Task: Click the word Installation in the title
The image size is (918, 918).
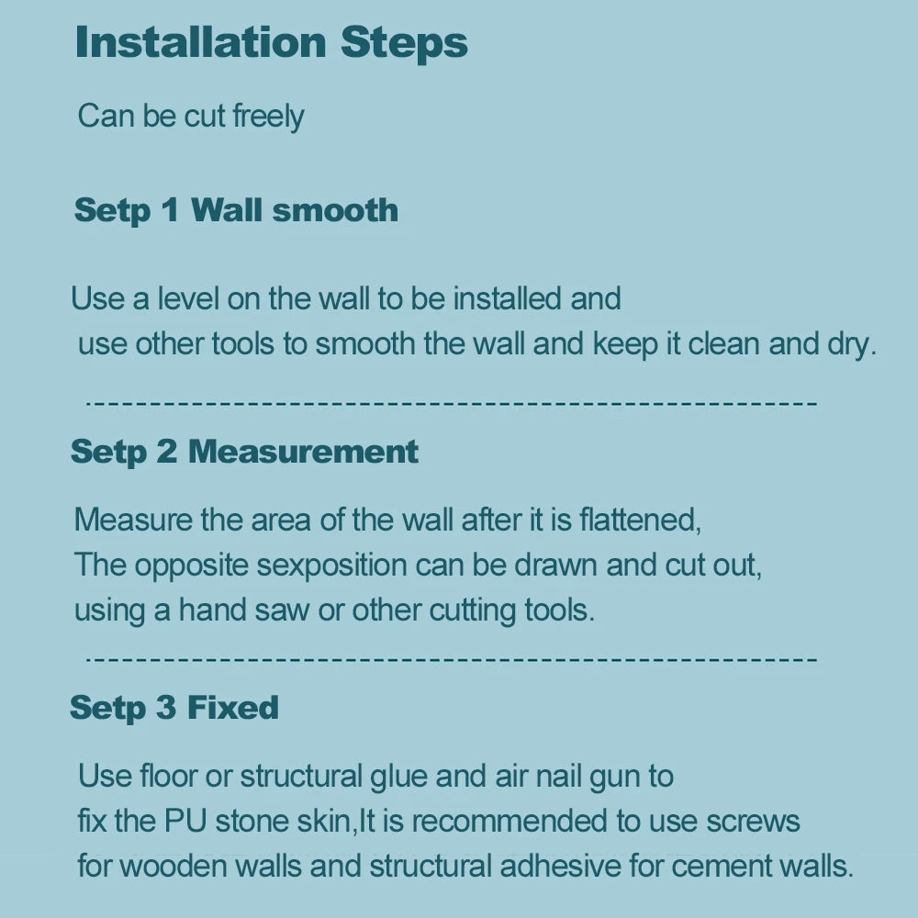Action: point(201,42)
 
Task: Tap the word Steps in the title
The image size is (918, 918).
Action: point(404,44)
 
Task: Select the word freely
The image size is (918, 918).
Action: point(268,116)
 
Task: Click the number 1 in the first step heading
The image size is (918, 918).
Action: point(171,209)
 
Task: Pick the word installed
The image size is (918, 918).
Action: point(507,298)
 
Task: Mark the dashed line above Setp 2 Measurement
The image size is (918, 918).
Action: point(452,403)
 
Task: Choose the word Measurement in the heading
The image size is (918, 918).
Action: point(303,452)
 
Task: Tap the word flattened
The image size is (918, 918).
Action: point(640,520)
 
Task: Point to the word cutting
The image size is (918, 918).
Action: point(472,611)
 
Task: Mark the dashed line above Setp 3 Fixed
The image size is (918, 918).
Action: point(452,659)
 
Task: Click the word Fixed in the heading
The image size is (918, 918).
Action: point(232,707)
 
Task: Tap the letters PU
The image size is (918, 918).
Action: point(185,821)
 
